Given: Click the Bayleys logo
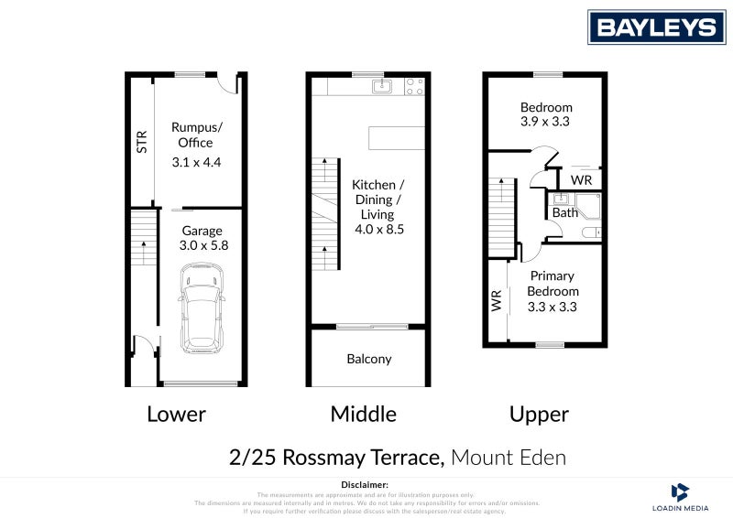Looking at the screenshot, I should coord(656,27).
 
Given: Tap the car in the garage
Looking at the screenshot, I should coord(202,308).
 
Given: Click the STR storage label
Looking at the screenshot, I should coord(141,141).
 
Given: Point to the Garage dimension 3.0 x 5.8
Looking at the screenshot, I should coord(202,246).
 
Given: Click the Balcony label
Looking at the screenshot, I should coord(369,359).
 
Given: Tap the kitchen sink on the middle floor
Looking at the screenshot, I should coord(382,87).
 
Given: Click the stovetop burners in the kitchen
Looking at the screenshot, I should coord(414,87).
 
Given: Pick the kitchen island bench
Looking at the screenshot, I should coord(397,137).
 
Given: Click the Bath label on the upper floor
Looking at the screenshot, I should coord(564,213).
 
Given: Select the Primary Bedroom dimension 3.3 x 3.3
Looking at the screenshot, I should coord(552,307).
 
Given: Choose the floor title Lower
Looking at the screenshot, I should coord(176,414).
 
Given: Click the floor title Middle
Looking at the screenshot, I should coord(363,414).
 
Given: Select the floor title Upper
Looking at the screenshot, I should coord(539,414).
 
